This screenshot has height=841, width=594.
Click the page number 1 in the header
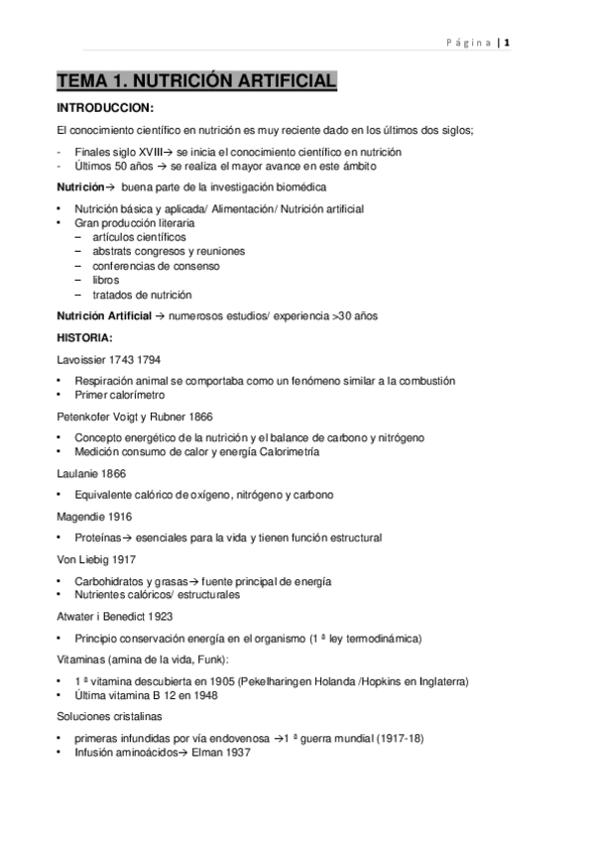(x=507, y=42)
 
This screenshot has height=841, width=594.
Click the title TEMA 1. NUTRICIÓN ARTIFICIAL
(x=196, y=81)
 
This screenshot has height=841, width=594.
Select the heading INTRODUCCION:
(x=105, y=108)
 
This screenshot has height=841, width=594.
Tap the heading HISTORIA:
(x=85, y=337)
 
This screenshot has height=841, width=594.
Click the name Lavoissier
(x=85, y=359)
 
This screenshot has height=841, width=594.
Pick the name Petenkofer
(x=88, y=417)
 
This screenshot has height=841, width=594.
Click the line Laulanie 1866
(x=91, y=474)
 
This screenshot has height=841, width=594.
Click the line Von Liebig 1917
(x=97, y=559)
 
